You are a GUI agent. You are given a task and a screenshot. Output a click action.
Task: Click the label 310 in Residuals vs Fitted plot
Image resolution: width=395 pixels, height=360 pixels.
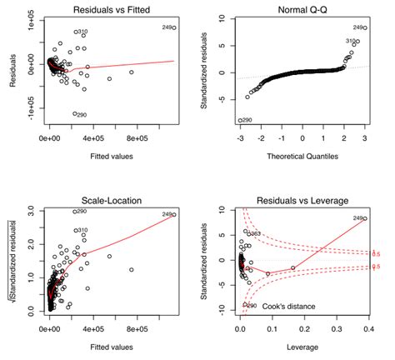point(82,32)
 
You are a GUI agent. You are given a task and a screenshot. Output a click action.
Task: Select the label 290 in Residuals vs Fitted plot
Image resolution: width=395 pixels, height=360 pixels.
point(82,114)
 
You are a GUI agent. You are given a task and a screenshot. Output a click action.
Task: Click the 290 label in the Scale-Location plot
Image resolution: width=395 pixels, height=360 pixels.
point(82,212)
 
